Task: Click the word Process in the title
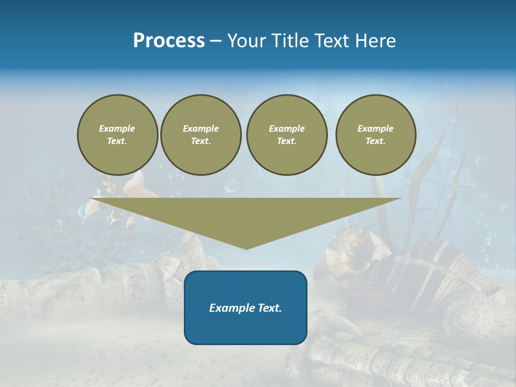point(169,41)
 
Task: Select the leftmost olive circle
point(118,135)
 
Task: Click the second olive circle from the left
point(201,135)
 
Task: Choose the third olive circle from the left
point(286,135)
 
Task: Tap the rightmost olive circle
point(376,135)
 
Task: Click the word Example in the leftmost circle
point(117,128)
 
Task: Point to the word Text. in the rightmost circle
point(376,141)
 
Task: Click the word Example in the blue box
point(229,308)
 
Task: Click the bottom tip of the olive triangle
point(246,248)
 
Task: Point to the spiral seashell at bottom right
point(471,312)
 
